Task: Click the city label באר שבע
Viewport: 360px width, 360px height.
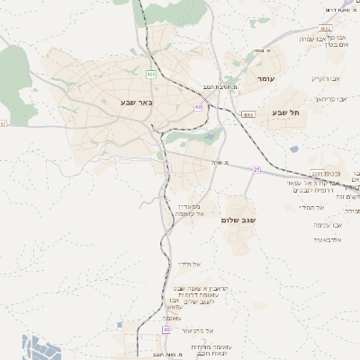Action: tap(137, 102)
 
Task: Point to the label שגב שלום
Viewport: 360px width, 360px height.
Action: tap(239, 220)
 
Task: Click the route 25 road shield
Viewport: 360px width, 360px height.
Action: tap(256, 169)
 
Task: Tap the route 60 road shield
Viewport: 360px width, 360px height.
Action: tap(197, 107)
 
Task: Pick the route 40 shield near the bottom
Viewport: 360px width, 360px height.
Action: tap(166, 330)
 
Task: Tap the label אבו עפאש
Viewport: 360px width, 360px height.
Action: tap(327, 224)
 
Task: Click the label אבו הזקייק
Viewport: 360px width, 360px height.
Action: tap(328, 79)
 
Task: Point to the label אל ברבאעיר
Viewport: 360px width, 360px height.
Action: tap(196, 331)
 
